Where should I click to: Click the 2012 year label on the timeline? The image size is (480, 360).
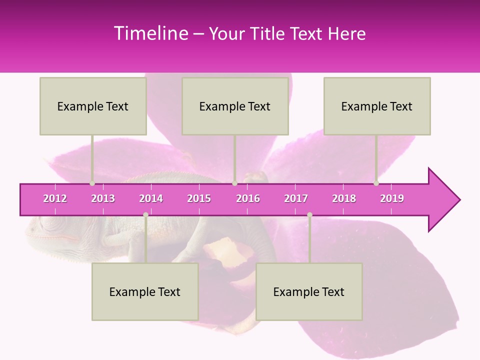pos(55,198)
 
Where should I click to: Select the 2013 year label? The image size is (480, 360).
pos(103,198)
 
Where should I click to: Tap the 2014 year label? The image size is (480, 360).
pos(151,198)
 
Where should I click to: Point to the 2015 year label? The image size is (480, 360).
pos(199,198)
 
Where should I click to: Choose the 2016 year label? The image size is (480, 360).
pos(248,198)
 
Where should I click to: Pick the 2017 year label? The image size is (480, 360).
pos(296,198)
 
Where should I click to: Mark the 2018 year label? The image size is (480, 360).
pos(344,198)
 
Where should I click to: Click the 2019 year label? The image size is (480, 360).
pos(392,198)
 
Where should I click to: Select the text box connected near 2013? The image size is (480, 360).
pos(93,106)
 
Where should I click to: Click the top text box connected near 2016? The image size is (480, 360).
pos(235,106)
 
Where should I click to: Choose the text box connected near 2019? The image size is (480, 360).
pos(377,106)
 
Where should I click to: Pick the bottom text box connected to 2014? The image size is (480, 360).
pos(145,291)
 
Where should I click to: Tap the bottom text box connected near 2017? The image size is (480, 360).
pos(309,291)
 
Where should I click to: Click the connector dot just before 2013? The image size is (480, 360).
pos(92,183)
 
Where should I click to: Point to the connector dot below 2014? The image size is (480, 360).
pos(145,215)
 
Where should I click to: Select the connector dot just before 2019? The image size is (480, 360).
pos(376,183)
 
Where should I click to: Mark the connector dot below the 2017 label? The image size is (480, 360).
pos(309,215)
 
